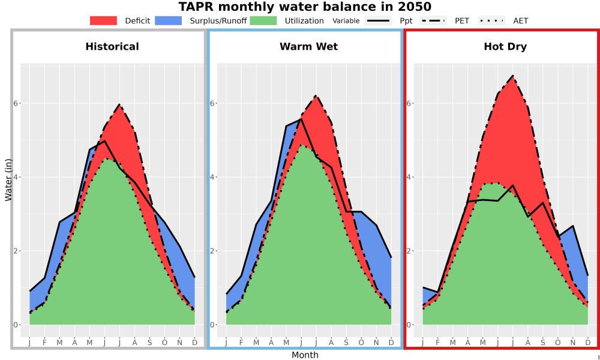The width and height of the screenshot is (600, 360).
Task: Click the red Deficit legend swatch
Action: [x=103, y=20]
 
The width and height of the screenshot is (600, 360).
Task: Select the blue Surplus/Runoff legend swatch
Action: [x=169, y=20]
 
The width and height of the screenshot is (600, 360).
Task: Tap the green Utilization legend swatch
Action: [x=263, y=20]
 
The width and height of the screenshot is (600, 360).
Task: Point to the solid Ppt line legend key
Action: [x=377, y=20]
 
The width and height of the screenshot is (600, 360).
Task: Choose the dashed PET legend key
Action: [x=433, y=20]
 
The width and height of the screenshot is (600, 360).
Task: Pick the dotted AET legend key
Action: [x=491, y=20]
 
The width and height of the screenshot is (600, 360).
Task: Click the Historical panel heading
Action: [x=112, y=47]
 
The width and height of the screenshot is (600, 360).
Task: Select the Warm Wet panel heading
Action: [x=309, y=47]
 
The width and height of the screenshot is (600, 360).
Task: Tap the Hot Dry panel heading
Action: [x=505, y=47]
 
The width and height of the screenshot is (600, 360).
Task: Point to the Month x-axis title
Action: [x=305, y=355]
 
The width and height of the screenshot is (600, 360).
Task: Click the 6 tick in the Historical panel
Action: [x=16, y=103]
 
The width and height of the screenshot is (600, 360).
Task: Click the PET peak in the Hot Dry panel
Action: [x=513, y=76]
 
